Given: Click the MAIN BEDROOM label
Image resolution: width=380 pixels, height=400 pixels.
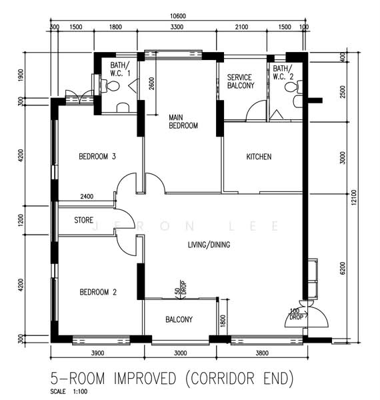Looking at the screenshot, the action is [x=183, y=121].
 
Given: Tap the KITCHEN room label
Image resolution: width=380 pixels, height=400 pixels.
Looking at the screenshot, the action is [x=259, y=157].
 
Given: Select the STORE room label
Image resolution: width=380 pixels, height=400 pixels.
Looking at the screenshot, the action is [x=83, y=220].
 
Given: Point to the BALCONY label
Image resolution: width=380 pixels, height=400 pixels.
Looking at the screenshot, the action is [x=179, y=319].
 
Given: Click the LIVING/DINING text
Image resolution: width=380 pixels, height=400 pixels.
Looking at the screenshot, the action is [x=209, y=245].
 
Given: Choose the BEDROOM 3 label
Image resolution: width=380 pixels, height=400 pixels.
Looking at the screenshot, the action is [x=97, y=156].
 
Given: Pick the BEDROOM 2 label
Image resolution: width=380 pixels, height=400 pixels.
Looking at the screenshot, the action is [x=98, y=292].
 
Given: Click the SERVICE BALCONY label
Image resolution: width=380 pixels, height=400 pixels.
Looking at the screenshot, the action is [x=241, y=81].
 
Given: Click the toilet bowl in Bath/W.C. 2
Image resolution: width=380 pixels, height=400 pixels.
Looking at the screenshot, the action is [x=293, y=87].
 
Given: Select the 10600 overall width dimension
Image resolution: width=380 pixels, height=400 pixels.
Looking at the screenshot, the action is [x=178, y=16].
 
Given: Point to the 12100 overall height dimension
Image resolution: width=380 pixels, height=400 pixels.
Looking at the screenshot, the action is [x=354, y=198].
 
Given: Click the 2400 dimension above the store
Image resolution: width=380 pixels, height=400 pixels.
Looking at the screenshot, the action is [x=87, y=197].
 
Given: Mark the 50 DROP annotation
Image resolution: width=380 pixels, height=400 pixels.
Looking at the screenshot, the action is [x=181, y=288].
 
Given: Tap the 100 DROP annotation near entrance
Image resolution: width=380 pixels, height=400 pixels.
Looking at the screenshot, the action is [x=297, y=314].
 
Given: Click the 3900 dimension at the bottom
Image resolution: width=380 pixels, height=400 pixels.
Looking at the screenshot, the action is [x=98, y=353].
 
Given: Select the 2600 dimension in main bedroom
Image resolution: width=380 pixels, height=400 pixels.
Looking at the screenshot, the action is [x=151, y=83].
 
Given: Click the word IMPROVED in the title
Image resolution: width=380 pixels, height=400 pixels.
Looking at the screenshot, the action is [x=145, y=378].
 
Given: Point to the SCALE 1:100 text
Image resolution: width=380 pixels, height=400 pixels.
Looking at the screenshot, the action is [x=69, y=391].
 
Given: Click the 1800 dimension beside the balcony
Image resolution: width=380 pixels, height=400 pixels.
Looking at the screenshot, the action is [x=223, y=321].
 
